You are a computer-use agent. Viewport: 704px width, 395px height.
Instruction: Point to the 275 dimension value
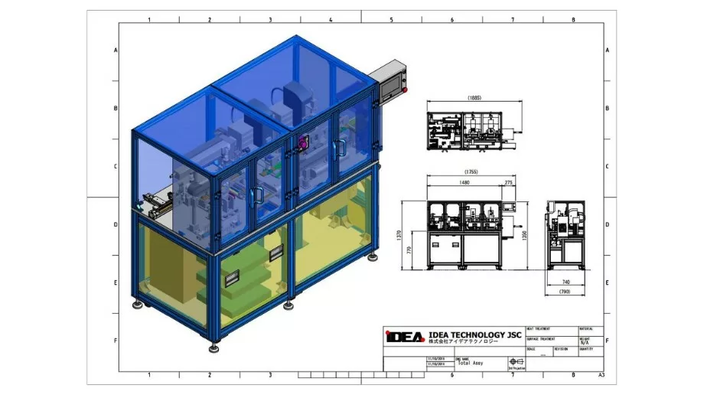[509, 184]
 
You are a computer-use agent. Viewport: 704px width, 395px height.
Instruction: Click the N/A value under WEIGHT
[585, 342]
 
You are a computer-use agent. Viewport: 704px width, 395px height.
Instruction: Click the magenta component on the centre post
[303, 142]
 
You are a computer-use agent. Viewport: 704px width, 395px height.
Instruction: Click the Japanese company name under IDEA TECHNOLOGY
[462, 344]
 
